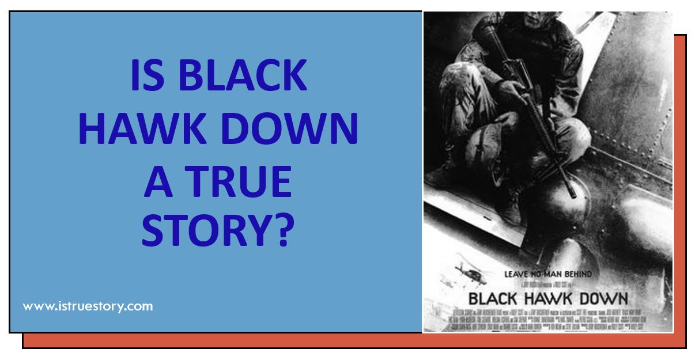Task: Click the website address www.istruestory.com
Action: (88, 306)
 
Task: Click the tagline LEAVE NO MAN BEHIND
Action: (548, 274)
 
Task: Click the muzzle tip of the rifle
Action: (573, 195)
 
